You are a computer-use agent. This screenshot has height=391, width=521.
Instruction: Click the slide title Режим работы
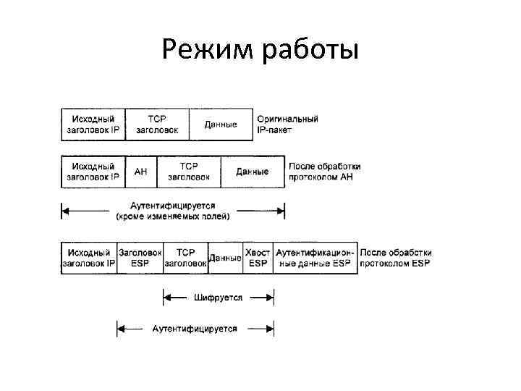click(260, 50)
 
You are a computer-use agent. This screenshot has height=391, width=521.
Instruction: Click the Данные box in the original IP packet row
click(221, 125)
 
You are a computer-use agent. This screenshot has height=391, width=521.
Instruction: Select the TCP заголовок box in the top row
click(156, 125)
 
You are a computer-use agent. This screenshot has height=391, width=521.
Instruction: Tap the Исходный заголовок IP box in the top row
click(93, 125)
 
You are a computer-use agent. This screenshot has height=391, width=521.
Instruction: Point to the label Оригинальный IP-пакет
click(287, 125)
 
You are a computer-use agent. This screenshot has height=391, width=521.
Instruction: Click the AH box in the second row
click(141, 172)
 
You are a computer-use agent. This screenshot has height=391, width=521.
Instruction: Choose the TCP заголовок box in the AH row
click(189, 172)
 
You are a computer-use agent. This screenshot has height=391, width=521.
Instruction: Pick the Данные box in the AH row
click(252, 172)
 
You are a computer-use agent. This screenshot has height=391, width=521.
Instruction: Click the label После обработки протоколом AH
click(324, 172)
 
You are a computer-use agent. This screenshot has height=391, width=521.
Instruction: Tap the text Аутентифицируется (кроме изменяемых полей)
click(173, 211)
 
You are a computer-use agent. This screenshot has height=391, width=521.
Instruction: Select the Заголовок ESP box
click(140, 258)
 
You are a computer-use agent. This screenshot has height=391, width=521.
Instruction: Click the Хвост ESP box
click(258, 258)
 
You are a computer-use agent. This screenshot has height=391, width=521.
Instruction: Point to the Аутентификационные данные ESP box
click(315, 258)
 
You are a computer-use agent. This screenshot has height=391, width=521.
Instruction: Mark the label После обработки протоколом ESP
click(395, 258)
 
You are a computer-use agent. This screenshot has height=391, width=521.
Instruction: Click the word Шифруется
click(219, 297)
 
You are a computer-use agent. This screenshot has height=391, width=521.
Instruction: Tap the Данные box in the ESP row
click(225, 258)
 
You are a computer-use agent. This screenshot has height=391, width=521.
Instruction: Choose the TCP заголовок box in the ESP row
click(186, 258)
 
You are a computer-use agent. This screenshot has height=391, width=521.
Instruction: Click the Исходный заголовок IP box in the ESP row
click(89, 258)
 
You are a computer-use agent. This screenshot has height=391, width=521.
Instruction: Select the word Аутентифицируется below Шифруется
click(195, 329)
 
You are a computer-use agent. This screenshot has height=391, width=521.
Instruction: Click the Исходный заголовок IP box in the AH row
click(93, 172)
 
